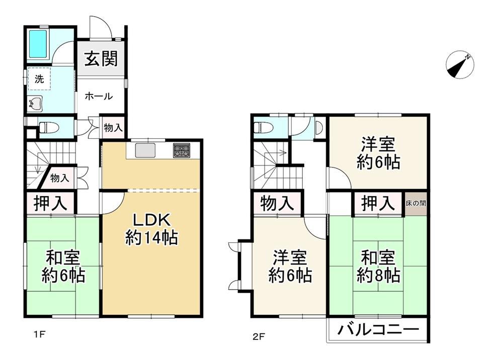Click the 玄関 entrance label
coord(101,59)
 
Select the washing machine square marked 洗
coord(39,79)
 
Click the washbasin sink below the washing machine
coord(35,104)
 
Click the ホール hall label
coord(99,96)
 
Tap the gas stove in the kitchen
coord(182,150)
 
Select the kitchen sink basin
coord(145,150)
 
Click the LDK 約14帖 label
coord(151,229)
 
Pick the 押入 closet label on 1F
coord(50,203)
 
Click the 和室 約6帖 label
coord(63,266)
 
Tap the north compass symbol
coord(460,64)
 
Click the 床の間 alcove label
coord(416,203)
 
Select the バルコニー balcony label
coord(378,329)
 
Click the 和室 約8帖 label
coord(378,266)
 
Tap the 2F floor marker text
coord(258,336)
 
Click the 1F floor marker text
coord(39,335)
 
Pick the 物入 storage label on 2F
coord(277,203)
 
